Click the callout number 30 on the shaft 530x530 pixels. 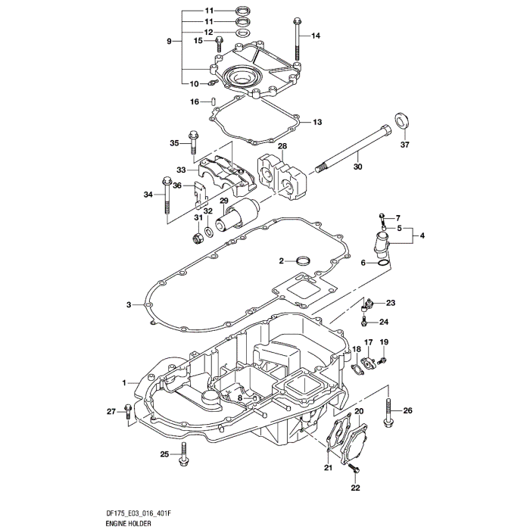(358, 167)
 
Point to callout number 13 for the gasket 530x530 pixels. (317, 122)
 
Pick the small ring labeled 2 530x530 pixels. (304, 261)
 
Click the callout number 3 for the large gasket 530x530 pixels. (129, 304)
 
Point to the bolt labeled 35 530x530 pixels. (193, 144)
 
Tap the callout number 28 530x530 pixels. (260, 146)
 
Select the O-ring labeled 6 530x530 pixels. (385, 263)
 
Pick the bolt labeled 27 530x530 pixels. (128, 411)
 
